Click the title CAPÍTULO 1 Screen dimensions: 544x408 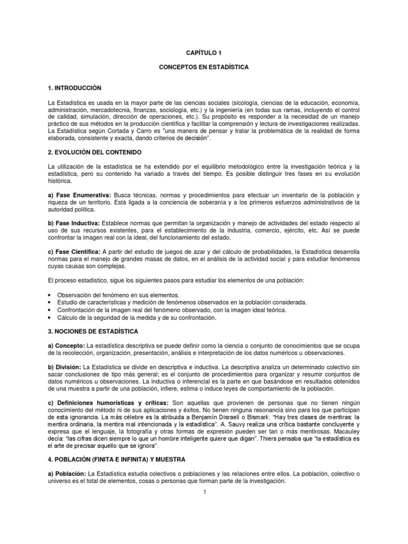point(203,53)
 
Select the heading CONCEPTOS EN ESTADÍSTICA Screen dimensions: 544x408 point(203,69)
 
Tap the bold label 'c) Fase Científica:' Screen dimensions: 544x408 point(75,251)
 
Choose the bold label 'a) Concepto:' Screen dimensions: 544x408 point(66,346)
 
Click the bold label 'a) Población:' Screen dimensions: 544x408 point(67,473)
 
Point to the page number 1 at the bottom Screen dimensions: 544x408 point(203,492)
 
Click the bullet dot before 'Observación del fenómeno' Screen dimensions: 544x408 point(49,295)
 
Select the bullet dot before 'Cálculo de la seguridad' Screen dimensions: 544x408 point(49,317)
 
